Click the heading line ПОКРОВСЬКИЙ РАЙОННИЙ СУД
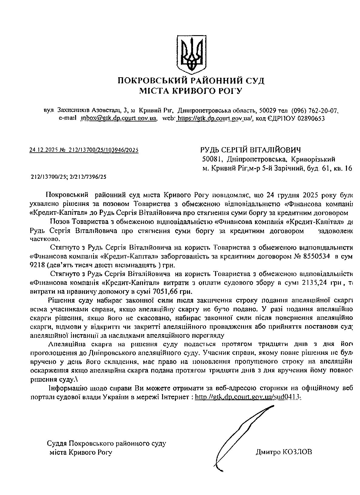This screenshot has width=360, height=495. point(191,81)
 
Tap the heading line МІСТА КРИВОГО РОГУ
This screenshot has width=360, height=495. point(191,91)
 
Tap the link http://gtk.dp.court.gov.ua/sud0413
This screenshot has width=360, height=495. point(248,397)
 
